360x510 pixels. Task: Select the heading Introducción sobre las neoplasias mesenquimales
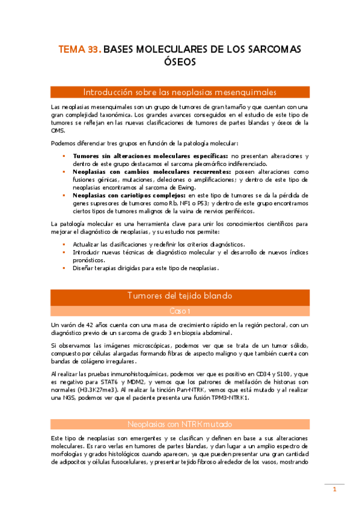(x=180, y=93)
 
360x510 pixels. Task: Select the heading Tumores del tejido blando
(x=180, y=296)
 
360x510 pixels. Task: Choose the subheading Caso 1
(x=180, y=311)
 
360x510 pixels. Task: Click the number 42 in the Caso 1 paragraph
(x=90, y=325)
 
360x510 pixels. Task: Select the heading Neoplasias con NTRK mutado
(x=180, y=423)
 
